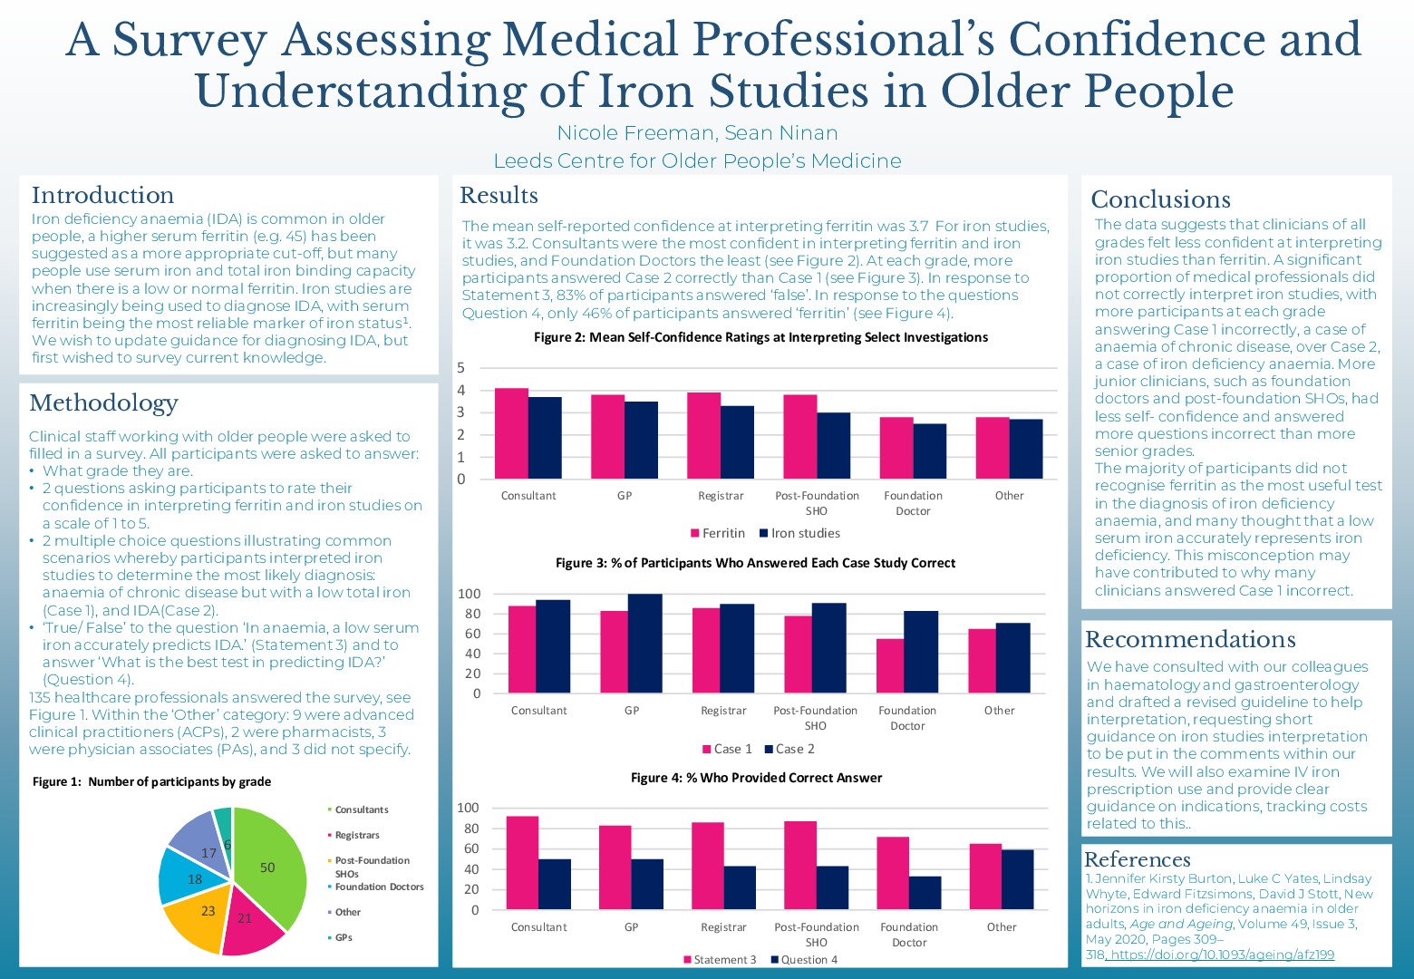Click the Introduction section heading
[x=102, y=196]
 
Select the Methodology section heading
[x=103, y=403]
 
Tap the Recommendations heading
[x=1190, y=640]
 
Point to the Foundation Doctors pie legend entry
[x=379, y=887]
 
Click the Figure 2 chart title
[x=760, y=337]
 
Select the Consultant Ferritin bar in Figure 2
[x=511, y=433]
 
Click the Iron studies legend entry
[x=799, y=533]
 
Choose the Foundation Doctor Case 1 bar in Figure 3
[x=890, y=666]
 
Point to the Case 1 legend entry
[x=727, y=749]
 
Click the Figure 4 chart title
[x=756, y=778]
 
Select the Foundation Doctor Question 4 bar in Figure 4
[x=925, y=893]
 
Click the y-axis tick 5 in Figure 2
[x=461, y=368]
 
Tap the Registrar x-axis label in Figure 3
[x=723, y=711]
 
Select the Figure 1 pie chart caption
[x=151, y=781]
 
